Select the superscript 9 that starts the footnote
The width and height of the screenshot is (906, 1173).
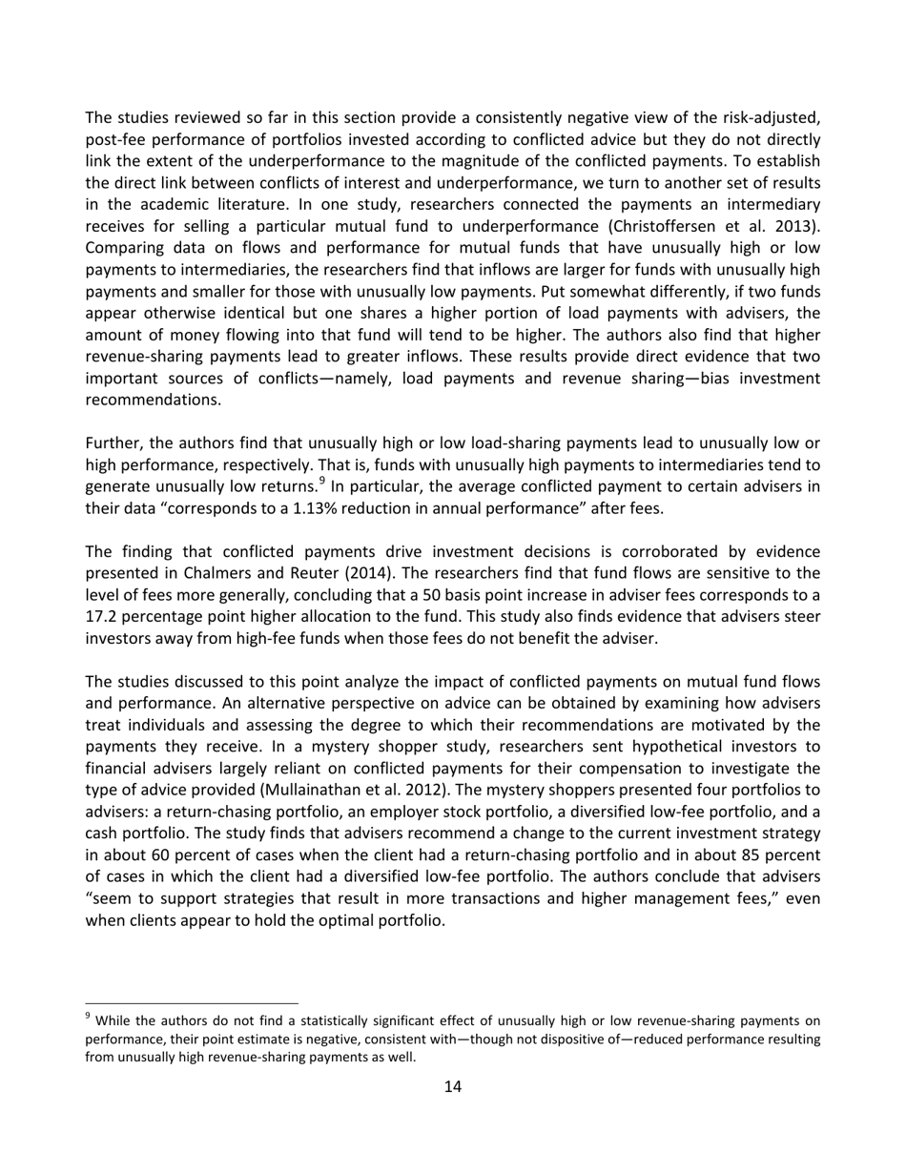tap(89, 1017)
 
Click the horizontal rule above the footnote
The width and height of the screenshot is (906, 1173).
tap(192, 1002)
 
